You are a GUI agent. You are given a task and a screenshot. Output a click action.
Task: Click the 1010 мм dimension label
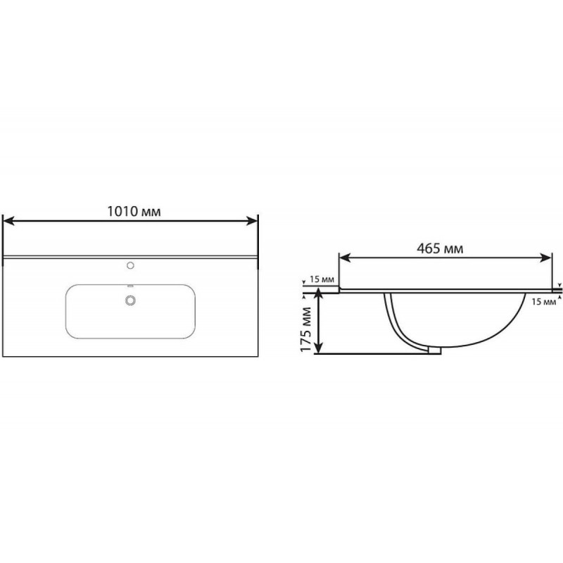click(134, 212)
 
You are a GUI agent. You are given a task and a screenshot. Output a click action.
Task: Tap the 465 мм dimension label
click(440, 248)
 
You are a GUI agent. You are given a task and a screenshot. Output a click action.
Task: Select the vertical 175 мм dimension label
click(305, 329)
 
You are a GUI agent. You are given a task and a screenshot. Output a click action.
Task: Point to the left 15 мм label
click(322, 279)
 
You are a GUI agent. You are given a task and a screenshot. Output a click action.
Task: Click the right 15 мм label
click(543, 302)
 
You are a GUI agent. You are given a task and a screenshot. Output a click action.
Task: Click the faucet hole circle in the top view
click(130, 265)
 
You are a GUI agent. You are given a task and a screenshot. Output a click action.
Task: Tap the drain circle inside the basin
click(130, 301)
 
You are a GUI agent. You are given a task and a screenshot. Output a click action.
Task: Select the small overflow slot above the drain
click(130, 286)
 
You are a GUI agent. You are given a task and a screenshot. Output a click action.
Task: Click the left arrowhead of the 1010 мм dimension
click(8, 221)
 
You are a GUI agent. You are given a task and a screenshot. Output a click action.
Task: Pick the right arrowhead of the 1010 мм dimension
click(252, 221)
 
